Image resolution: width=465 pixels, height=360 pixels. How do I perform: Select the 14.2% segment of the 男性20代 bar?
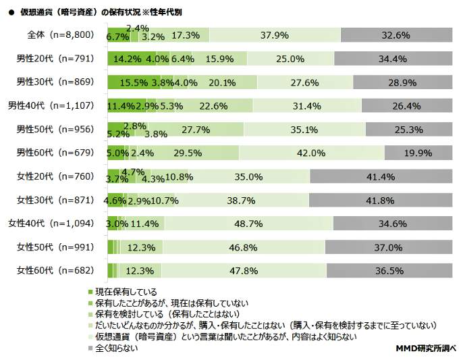point(131,59)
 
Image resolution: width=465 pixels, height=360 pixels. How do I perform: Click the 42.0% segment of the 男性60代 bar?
point(311,153)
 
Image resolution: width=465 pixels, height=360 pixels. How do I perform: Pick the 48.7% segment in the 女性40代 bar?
point(248,223)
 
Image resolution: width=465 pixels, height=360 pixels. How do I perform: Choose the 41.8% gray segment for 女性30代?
point(381,200)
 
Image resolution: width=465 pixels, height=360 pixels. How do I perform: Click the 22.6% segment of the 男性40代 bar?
point(213,106)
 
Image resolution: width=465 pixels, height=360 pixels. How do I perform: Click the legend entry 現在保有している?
point(126,292)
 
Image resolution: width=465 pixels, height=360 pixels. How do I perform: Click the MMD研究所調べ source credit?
point(426,349)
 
